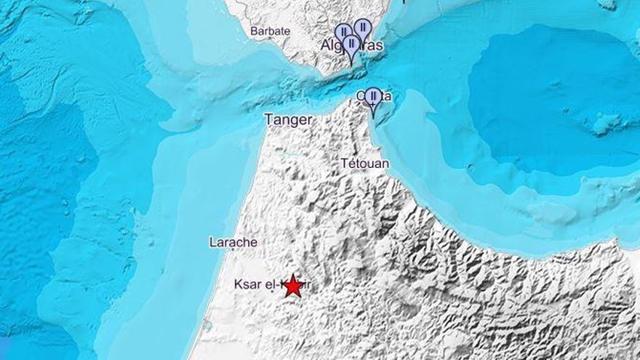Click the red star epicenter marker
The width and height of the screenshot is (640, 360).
(293, 286)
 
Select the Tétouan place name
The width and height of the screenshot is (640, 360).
(364, 164)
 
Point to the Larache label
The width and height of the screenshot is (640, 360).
(233, 242)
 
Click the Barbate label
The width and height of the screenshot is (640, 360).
(270, 31)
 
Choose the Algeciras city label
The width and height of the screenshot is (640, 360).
(352, 46)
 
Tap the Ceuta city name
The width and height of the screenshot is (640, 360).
(374, 96)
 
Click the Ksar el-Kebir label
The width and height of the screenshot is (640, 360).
(265, 286)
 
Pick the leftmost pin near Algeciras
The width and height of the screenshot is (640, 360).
(343, 33)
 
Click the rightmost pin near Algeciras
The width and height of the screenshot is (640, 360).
(362, 28)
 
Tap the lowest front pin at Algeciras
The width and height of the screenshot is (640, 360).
(352, 45)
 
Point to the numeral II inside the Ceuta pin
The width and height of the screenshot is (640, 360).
(373, 95)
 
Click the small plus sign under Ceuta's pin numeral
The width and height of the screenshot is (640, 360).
(373, 105)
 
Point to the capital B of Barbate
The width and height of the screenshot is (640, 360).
(254, 31)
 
